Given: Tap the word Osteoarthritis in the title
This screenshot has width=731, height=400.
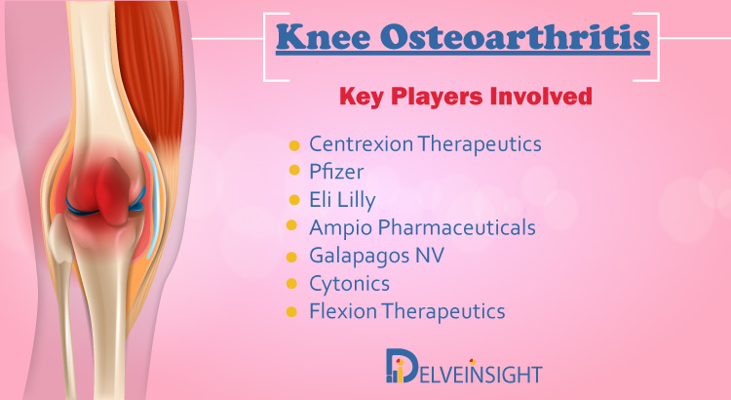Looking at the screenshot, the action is tap(516, 37).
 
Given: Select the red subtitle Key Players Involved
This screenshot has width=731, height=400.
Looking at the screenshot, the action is tap(466, 97).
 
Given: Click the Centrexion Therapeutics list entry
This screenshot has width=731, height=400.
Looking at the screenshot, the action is tap(425, 144).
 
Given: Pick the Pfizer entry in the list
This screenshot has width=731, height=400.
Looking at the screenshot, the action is tap(336, 172).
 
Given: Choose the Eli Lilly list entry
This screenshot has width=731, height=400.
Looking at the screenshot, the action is tap(342, 200).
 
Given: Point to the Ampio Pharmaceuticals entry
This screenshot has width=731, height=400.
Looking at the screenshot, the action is tap(422, 227).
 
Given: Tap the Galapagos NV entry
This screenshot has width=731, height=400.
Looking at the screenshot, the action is tap(376, 256).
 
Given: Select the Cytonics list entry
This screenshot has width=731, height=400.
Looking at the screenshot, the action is tap(350, 284).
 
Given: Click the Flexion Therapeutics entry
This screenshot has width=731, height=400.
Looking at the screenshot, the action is tap(407, 311).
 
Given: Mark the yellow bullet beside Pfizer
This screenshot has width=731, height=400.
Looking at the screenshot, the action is tap(294, 170).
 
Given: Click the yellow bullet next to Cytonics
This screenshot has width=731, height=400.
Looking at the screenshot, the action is tap(291, 283).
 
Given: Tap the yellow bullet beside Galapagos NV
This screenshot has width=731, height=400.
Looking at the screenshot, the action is tap(291, 257).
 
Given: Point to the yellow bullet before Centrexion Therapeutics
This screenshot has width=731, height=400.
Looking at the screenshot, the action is tap(294, 145).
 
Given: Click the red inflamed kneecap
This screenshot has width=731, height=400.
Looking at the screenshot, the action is tap(113, 191).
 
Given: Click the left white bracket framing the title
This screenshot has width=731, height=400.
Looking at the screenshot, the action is tap(265, 47).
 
